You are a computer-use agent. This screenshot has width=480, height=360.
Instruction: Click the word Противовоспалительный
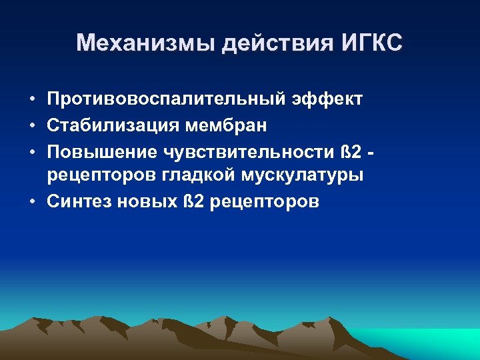coord(167,99)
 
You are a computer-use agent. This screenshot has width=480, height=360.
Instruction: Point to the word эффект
coord(327,99)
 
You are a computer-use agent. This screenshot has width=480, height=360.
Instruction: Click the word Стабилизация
coord(113,125)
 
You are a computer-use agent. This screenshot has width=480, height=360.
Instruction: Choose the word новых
coord(141,202)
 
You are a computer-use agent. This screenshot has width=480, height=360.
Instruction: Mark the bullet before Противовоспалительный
coord(32,100)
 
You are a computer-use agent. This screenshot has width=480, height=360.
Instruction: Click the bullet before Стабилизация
coord(32,125)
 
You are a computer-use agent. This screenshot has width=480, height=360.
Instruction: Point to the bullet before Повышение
coord(32,151)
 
